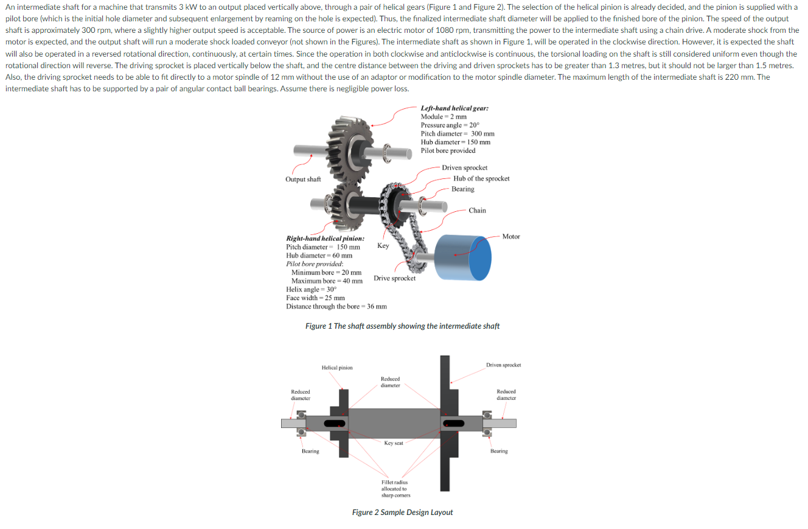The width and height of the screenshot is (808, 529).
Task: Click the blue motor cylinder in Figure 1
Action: pyautogui.click(x=465, y=257)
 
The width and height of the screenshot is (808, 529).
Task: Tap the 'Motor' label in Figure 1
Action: pyautogui.click(x=511, y=236)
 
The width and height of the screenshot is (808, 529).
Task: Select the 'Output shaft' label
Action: pyautogui.click(x=303, y=179)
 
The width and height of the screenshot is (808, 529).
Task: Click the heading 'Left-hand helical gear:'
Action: pyautogui.click(x=454, y=108)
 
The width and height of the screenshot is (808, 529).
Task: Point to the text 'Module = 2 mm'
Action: pyautogui.click(x=444, y=116)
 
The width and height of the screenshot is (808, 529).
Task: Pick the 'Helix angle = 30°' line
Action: pyautogui.click(x=311, y=289)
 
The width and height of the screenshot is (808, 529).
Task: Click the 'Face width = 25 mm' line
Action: pyautogui.click(x=315, y=298)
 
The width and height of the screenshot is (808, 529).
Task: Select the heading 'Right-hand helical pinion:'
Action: pyautogui.click(x=325, y=239)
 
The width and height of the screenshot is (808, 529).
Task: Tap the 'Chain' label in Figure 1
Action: pyautogui.click(x=477, y=210)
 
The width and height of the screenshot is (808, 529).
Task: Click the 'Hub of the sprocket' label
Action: pyautogui.click(x=481, y=178)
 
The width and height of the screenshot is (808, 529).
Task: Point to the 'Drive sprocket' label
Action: pyautogui.click(x=394, y=278)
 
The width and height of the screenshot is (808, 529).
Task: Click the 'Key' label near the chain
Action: pyautogui.click(x=383, y=246)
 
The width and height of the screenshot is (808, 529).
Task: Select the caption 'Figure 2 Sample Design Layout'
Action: pyautogui.click(x=402, y=512)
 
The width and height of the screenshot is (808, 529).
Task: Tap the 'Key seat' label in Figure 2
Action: pyautogui.click(x=394, y=443)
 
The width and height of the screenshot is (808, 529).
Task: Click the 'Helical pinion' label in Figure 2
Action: pyautogui.click(x=336, y=368)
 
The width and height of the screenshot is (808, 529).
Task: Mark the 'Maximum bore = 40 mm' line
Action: pyautogui.click(x=327, y=281)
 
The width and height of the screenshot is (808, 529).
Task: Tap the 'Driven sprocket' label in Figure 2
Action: pyautogui.click(x=503, y=365)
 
